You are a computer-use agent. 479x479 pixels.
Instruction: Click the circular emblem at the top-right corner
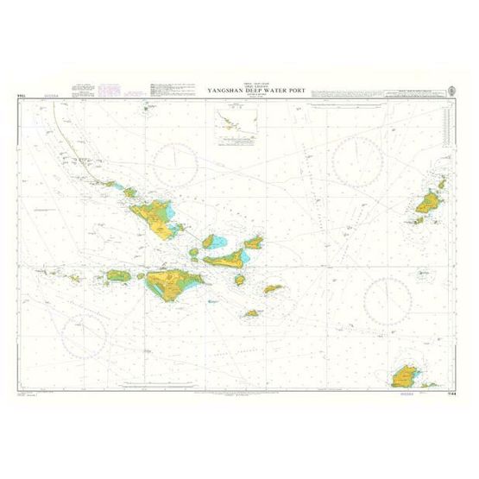[453, 88]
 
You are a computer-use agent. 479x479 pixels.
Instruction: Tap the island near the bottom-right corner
[405, 376]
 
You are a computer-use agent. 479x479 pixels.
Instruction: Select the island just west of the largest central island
[119, 276]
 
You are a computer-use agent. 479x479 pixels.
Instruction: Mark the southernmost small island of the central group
[252, 313]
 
